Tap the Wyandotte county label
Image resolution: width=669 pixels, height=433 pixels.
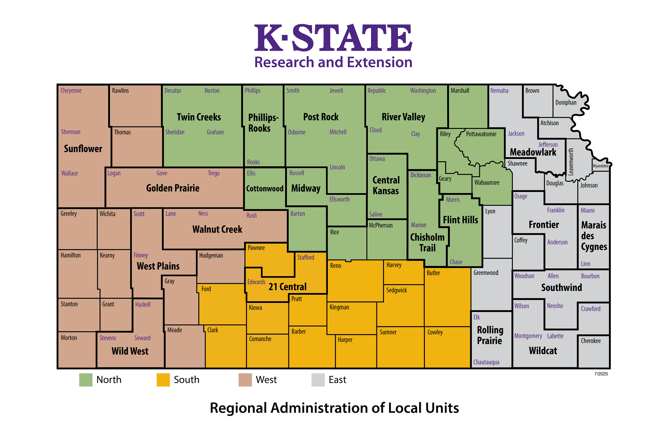(x=600, y=166)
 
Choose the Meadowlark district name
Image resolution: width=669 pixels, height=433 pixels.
(x=533, y=152)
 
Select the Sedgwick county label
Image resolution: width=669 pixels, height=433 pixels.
(x=396, y=290)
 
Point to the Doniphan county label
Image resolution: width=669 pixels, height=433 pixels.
(x=566, y=102)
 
